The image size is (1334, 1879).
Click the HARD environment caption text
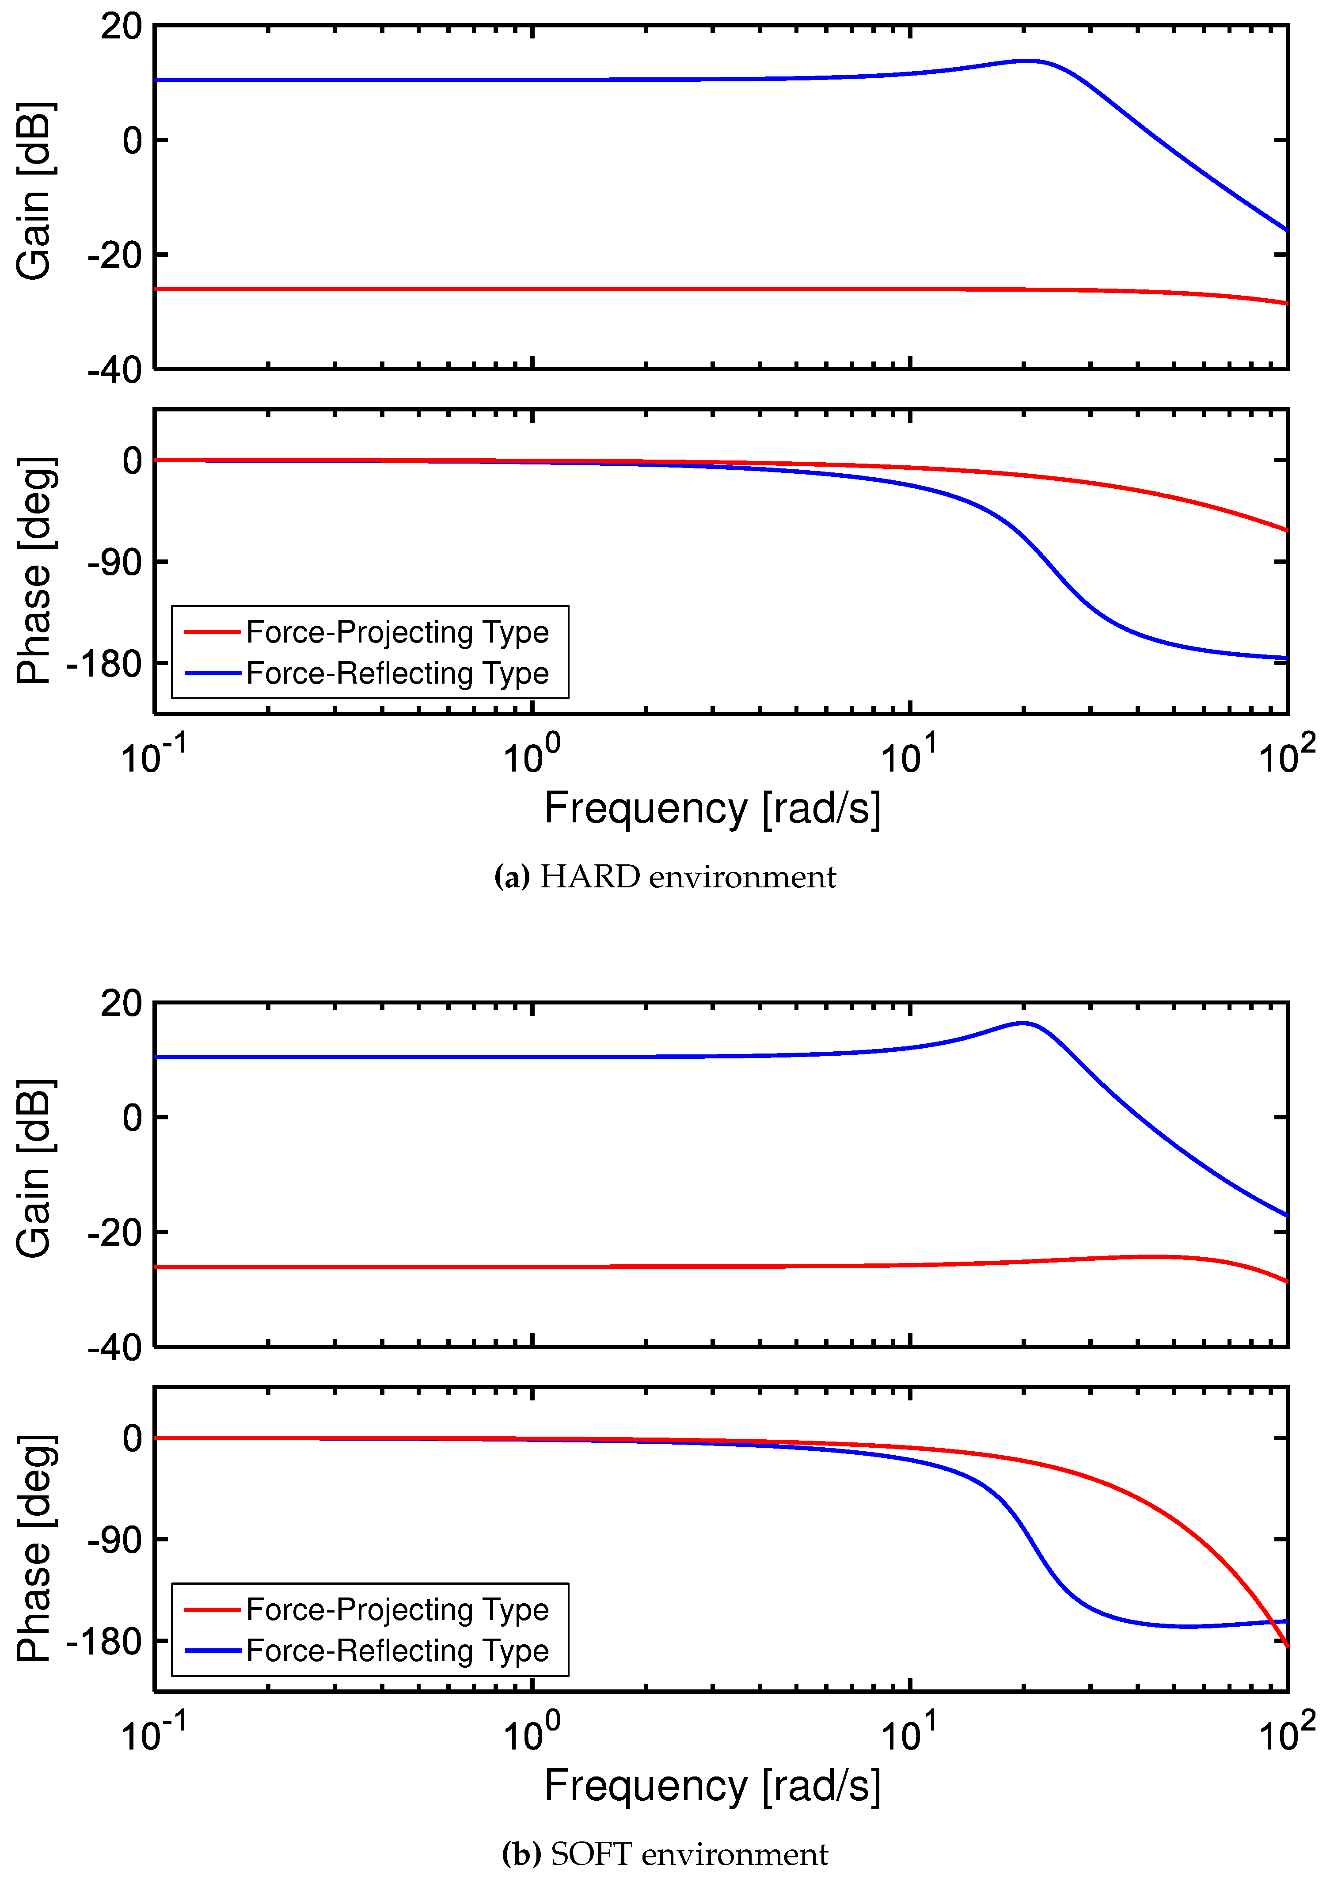tap(665, 878)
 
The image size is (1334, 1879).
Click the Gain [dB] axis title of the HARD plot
tap(34, 191)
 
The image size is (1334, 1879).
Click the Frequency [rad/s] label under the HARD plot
tap(712, 808)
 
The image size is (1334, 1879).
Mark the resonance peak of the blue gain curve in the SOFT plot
tap(1022, 1023)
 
